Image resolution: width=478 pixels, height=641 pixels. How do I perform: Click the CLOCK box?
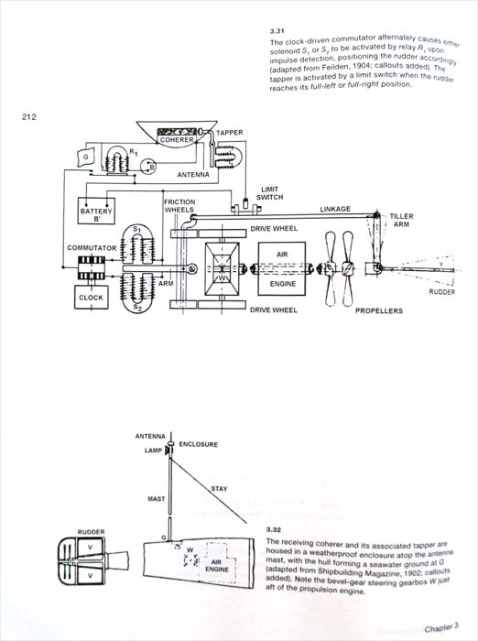pyautogui.click(x=92, y=298)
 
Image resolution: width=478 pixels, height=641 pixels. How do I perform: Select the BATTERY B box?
pyautogui.click(x=96, y=211)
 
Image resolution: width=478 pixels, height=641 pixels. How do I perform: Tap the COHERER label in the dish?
pyautogui.click(x=177, y=139)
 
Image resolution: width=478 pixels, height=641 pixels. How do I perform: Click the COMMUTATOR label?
pyautogui.click(x=92, y=248)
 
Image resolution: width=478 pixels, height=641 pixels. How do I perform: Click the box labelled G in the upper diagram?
pyautogui.click(x=85, y=158)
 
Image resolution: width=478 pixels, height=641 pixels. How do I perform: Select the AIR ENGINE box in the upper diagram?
pyautogui.click(x=282, y=268)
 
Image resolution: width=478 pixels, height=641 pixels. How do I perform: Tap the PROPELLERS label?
pyautogui.click(x=378, y=310)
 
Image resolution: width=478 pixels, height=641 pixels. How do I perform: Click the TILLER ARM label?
pyautogui.click(x=401, y=220)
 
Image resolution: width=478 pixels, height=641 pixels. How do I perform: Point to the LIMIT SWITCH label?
pyautogui.click(x=269, y=193)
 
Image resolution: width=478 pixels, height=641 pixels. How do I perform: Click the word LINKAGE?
pyautogui.click(x=335, y=209)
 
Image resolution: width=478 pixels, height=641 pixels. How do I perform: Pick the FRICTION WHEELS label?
pyautogui.click(x=179, y=206)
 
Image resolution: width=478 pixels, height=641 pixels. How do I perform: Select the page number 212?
pyautogui.click(x=29, y=117)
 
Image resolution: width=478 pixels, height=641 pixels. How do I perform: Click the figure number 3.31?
pyautogui.click(x=277, y=30)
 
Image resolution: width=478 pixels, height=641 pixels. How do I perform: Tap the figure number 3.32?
pyautogui.click(x=274, y=530)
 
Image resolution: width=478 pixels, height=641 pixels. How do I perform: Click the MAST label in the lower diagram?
pyautogui.click(x=157, y=499)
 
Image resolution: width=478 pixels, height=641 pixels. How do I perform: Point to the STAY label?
pyautogui.click(x=219, y=488)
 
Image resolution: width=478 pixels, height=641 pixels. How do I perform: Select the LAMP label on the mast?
pyautogui.click(x=153, y=451)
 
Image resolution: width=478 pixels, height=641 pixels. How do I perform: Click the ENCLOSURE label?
pyautogui.click(x=199, y=444)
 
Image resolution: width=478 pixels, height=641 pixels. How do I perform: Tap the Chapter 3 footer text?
pyautogui.click(x=441, y=627)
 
